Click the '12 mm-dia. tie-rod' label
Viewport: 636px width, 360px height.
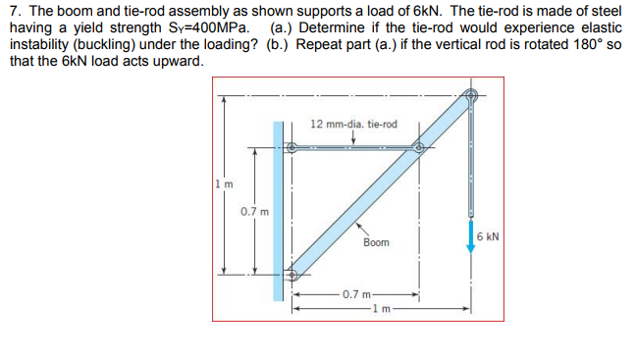353,125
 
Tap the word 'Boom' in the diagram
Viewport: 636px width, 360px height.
375,241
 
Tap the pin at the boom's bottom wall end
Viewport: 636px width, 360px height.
291,276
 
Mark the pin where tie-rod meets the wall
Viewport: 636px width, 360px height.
291,149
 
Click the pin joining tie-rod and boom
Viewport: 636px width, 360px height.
419,149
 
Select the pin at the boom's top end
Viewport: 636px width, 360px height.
471,96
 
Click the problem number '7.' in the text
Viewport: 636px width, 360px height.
14,8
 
